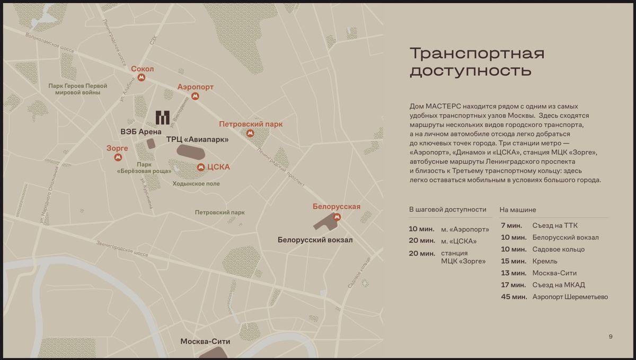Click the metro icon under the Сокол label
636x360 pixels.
pos(141,78)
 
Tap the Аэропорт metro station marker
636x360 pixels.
pos(195,96)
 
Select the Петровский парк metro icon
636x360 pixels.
pos(250,134)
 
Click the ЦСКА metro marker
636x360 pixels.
pos(201,167)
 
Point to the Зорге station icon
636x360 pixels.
pos(118,157)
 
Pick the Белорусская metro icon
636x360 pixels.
pos(337,216)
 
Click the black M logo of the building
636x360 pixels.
pos(162,117)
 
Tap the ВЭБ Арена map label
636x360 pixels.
pos(141,131)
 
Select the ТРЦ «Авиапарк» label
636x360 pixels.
pos(198,139)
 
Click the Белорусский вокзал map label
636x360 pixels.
pos(315,240)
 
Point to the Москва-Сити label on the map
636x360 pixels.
pos(205,341)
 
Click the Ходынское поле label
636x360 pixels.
pos(196,183)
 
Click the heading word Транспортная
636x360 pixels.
pos(477,54)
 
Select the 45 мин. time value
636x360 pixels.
pos(514,297)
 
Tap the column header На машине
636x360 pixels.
pos(517,210)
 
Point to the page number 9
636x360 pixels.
pos(611,336)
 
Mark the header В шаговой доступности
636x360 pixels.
pos(447,209)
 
